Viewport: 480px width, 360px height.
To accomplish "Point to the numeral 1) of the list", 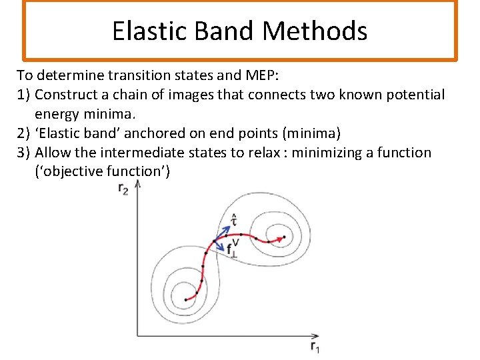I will click(23, 94).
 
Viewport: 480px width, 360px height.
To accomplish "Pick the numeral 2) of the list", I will click(23, 133).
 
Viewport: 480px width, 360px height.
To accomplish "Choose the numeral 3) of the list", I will click(23, 152).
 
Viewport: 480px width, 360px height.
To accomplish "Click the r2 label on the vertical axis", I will click(123, 189).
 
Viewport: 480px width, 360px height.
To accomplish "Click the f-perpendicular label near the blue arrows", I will click(231, 251).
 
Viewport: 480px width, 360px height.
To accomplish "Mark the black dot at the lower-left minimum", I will click(185, 300).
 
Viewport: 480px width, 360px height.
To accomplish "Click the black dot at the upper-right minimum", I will click(284, 237).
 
